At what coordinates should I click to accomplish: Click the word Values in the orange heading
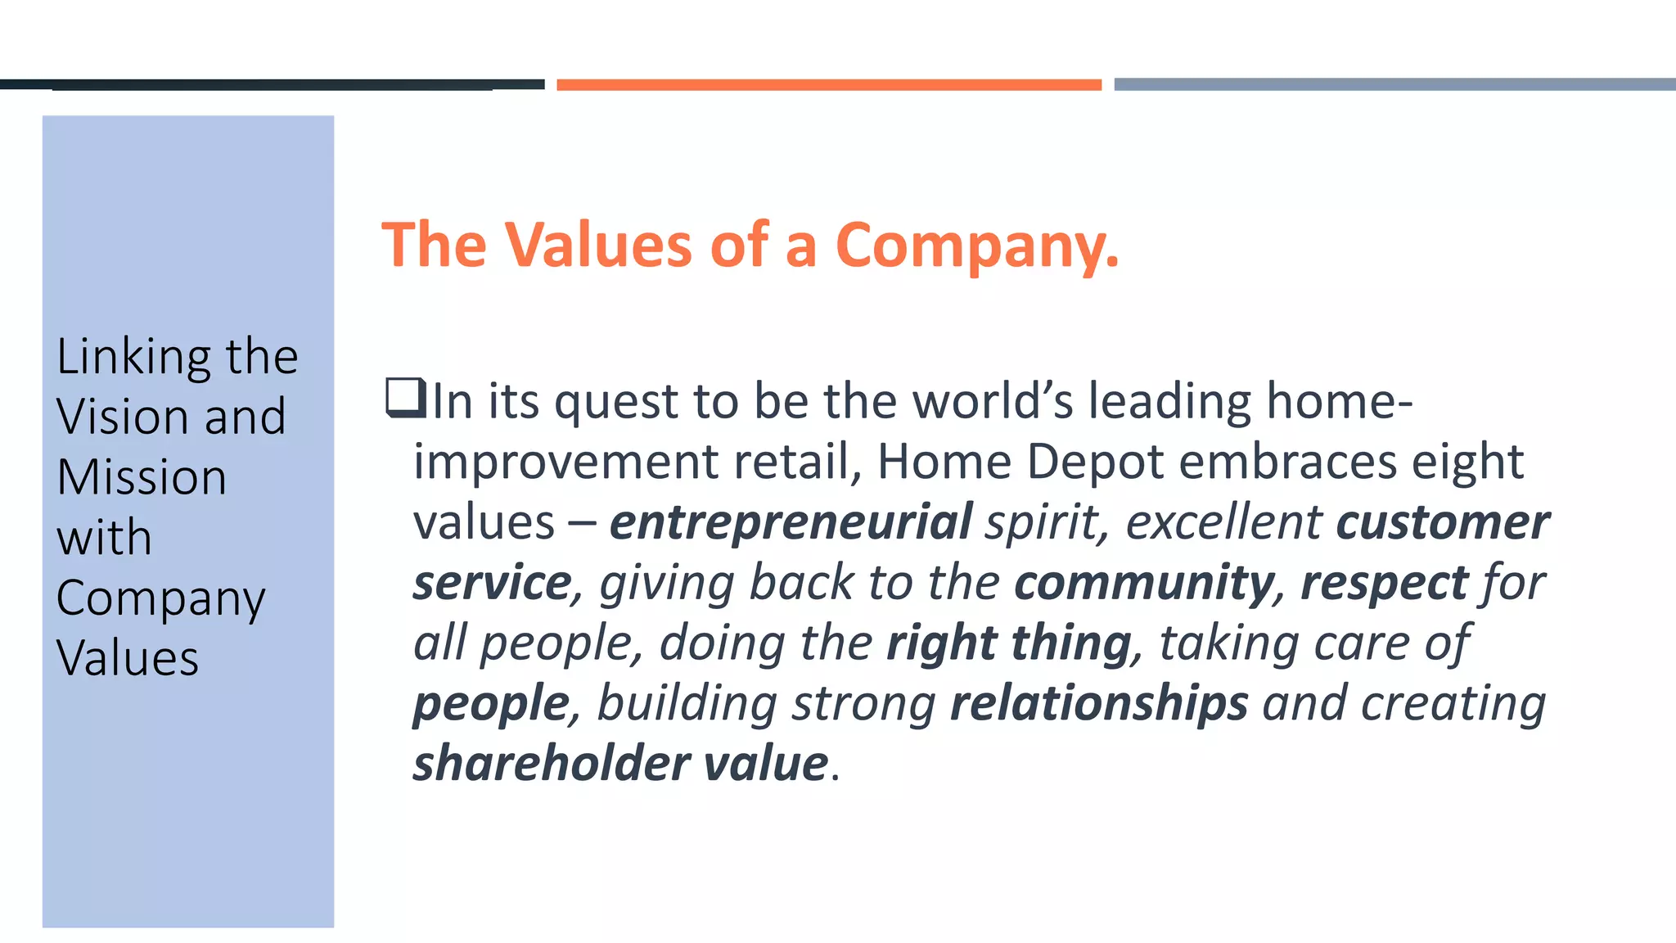coord(598,245)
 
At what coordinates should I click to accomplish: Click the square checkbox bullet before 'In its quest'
coord(406,397)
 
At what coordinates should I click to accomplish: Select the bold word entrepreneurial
coord(791,522)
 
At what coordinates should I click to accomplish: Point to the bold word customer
coord(1443,522)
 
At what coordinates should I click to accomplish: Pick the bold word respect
coord(1385,583)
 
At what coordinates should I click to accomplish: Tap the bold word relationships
coord(1099,703)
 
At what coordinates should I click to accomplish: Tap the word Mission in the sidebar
coord(142,477)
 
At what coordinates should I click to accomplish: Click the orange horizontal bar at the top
coord(829,84)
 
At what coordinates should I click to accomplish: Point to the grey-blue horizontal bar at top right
coord(1394,84)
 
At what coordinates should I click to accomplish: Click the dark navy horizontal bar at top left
coord(272,84)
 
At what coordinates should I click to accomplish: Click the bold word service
coord(492,583)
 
